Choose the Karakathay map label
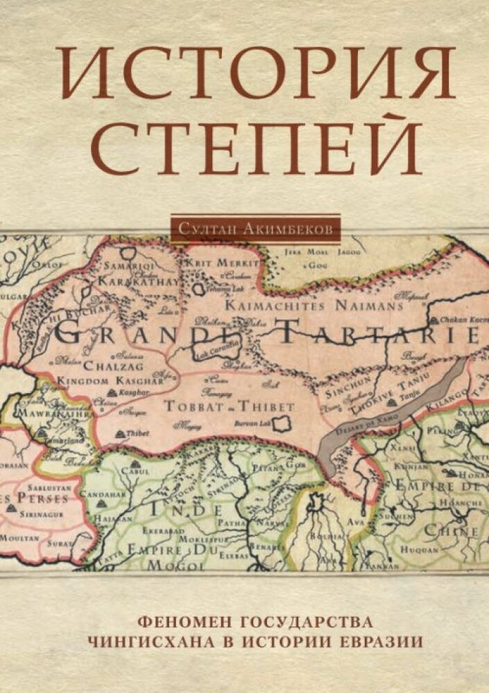click(x=135, y=282)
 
